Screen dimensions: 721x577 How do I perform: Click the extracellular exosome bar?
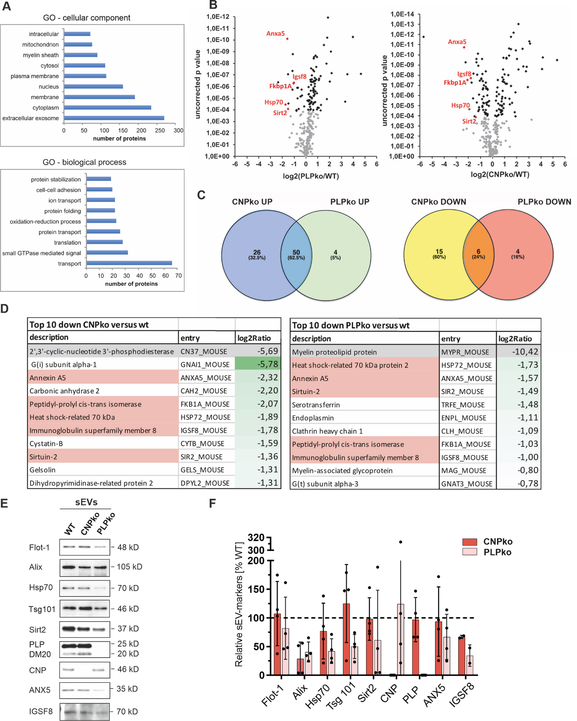click(x=114, y=118)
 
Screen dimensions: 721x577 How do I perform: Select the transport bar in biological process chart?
click(x=129, y=263)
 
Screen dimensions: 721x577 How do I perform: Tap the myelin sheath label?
click(x=41, y=55)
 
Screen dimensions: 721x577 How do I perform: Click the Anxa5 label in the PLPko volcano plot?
click(x=275, y=34)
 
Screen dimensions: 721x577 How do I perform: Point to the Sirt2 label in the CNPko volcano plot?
click(x=469, y=121)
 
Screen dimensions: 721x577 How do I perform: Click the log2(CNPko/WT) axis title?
click(x=500, y=175)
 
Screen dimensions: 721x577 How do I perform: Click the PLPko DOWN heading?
click(x=544, y=202)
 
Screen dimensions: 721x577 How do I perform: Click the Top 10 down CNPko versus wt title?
click(x=89, y=325)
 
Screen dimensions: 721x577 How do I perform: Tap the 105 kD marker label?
click(x=130, y=567)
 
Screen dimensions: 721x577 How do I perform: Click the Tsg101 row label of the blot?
click(x=42, y=609)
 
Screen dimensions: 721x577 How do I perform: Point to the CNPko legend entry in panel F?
click(x=497, y=541)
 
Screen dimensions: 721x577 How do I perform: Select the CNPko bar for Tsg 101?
click(x=346, y=639)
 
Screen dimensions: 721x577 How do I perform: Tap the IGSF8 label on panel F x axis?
click(x=461, y=695)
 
